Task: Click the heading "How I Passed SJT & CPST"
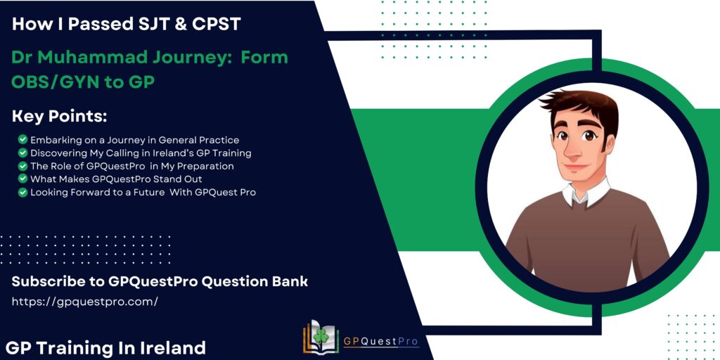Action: pos(127,23)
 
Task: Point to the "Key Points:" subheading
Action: pos(59,117)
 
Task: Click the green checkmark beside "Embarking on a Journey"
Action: pos(23,140)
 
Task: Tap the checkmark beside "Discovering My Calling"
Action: pos(23,153)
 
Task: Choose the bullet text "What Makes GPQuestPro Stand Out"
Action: pos(116,179)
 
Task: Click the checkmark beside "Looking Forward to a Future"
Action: pos(23,193)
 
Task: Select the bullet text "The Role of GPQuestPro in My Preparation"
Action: pos(132,166)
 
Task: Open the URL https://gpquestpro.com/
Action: pos(84,302)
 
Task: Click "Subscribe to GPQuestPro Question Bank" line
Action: pos(160,282)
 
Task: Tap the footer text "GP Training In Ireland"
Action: pos(106,347)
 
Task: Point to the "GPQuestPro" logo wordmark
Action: pos(380,342)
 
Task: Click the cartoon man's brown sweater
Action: pos(586,243)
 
